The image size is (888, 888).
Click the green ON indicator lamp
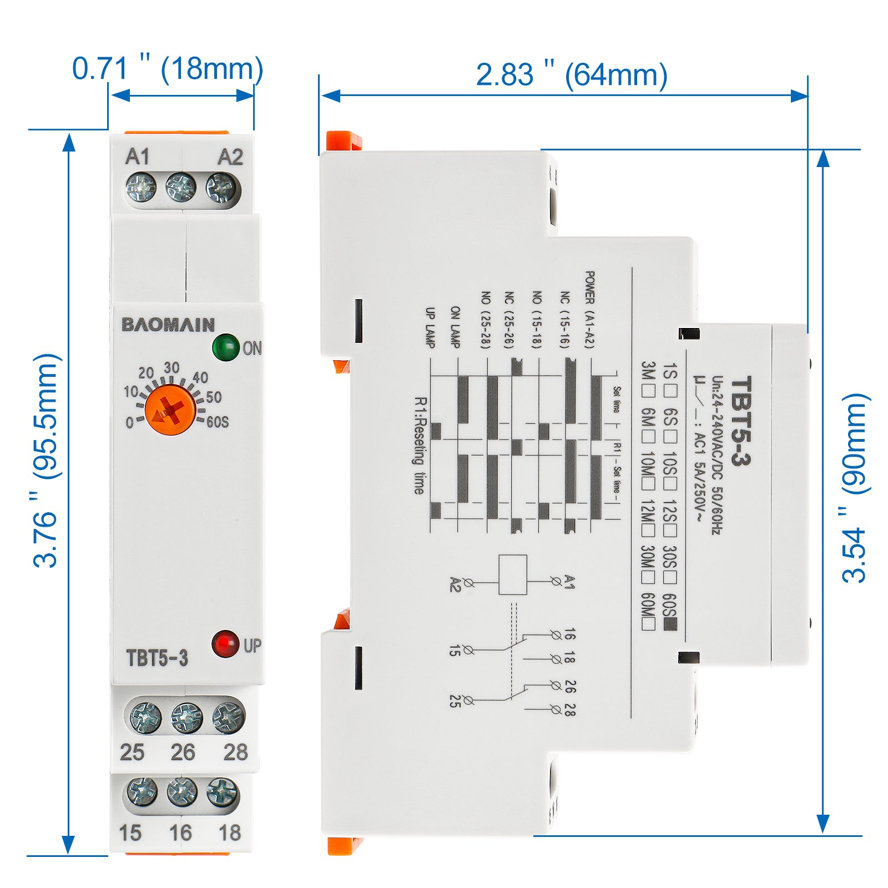coord(225,347)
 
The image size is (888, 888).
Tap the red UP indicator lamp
coord(225,644)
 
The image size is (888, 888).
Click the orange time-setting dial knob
coord(170,410)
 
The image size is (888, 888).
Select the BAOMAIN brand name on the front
coord(168,325)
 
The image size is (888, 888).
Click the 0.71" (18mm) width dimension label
coord(168,69)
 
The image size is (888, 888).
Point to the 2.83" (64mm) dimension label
coord(572,75)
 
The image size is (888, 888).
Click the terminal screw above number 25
coord(145,717)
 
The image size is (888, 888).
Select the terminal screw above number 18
coord(223,793)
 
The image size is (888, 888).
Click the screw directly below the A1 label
coord(141,187)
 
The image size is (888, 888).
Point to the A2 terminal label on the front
coord(230,157)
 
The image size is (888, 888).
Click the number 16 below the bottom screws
coord(180,833)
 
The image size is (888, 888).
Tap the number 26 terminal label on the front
coord(183,752)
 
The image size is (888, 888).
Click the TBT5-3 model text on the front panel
coord(157,658)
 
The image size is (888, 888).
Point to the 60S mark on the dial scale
coord(217,422)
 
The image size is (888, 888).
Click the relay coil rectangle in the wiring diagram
coord(513,574)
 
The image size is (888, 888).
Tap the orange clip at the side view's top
coord(344,140)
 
